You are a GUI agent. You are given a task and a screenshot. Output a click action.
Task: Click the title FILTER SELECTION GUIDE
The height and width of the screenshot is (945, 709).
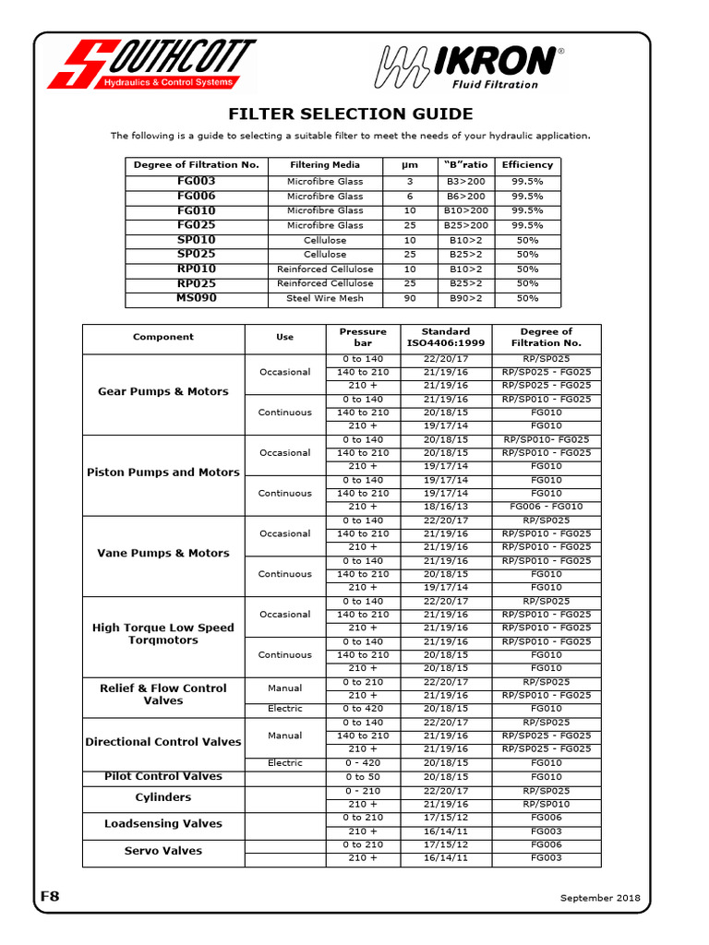coord(351,114)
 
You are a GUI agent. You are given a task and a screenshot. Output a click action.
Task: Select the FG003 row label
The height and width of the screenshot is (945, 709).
coord(196,182)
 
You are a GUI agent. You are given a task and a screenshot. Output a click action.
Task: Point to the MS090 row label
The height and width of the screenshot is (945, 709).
coord(196,298)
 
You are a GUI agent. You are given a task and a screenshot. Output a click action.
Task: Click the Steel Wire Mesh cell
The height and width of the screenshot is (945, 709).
coord(325,298)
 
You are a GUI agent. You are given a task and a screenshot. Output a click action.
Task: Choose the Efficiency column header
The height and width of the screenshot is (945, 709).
coord(527,165)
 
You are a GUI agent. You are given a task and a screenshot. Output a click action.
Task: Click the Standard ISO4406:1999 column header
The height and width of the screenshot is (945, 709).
coord(445,338)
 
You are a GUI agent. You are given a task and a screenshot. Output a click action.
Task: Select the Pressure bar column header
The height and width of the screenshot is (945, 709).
coord(363,338)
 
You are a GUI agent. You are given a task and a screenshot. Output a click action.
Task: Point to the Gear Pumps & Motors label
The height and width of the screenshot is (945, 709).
coord(163,392)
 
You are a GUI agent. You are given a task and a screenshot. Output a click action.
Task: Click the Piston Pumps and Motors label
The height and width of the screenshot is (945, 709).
coord(163,472)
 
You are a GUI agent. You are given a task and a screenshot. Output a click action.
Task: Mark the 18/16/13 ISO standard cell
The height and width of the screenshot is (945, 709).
coord(445,507)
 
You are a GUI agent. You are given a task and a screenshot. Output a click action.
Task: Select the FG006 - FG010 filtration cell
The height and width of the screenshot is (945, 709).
coord(546,507)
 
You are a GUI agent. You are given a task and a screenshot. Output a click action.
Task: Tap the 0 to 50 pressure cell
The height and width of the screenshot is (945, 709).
coord(363,777)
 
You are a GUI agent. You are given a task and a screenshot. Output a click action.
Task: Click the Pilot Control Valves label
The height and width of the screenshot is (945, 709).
coord(163,777)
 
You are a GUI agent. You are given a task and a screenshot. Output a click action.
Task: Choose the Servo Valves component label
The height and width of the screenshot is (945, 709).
coord(163,851)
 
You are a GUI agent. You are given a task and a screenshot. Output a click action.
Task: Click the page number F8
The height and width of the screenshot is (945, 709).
coord(50,896)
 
